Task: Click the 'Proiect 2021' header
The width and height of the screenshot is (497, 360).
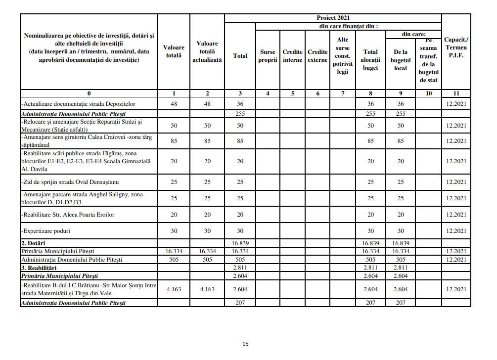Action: (x=333, y=18)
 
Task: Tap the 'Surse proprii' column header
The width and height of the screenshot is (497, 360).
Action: (x=268, y=56)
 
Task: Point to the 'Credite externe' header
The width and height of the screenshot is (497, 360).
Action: (x=317, y=56)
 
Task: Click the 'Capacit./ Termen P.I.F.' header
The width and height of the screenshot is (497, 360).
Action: (x=456, y=47)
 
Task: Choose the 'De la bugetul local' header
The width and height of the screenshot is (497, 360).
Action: (x=400, y=60)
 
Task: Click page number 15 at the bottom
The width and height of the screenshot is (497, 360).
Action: (x=245, y=344)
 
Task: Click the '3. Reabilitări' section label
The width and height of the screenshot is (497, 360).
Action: (x=41, y=267)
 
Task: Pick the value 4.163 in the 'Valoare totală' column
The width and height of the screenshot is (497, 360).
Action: (x=174, y=289)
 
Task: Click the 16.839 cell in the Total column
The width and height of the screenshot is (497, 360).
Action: (x=240, y=243)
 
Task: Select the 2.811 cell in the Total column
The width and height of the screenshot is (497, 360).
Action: (x=240, y=267)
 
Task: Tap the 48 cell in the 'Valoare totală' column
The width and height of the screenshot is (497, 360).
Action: (x=174, y=104)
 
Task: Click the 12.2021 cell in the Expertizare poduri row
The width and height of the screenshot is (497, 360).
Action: (x=456, y=231)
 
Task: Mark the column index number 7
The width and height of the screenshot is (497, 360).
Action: (x=343, y=93)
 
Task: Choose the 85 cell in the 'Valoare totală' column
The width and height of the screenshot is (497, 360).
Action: (x=174, y=141)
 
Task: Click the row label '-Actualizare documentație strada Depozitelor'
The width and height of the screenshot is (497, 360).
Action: (x=78, y=104)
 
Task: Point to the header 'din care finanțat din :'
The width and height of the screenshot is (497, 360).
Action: (x=349, y=26)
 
